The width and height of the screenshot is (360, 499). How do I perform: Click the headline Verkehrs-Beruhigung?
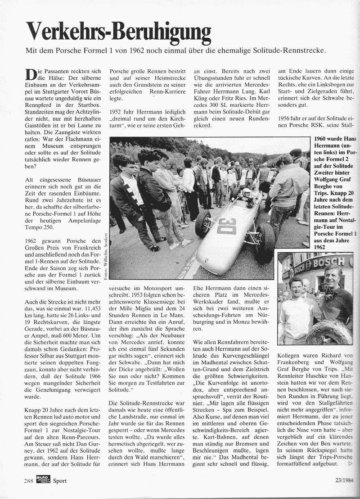118,32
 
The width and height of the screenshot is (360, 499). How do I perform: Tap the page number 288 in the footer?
30,481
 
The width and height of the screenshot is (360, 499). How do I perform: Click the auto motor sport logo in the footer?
44,480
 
